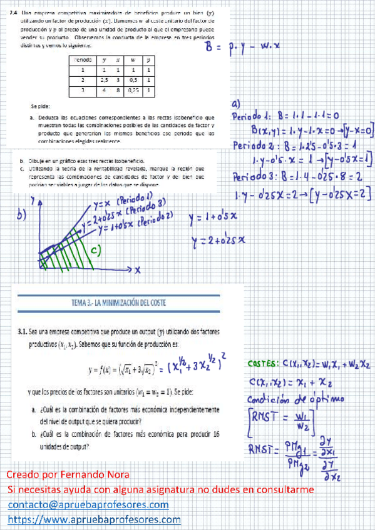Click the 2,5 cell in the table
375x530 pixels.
105,81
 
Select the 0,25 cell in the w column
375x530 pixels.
133,91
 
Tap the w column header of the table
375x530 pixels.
133,60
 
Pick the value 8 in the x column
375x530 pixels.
118,91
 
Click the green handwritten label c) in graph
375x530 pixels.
96,250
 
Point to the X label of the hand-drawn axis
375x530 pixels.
137,269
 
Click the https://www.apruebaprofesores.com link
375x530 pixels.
95,519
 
